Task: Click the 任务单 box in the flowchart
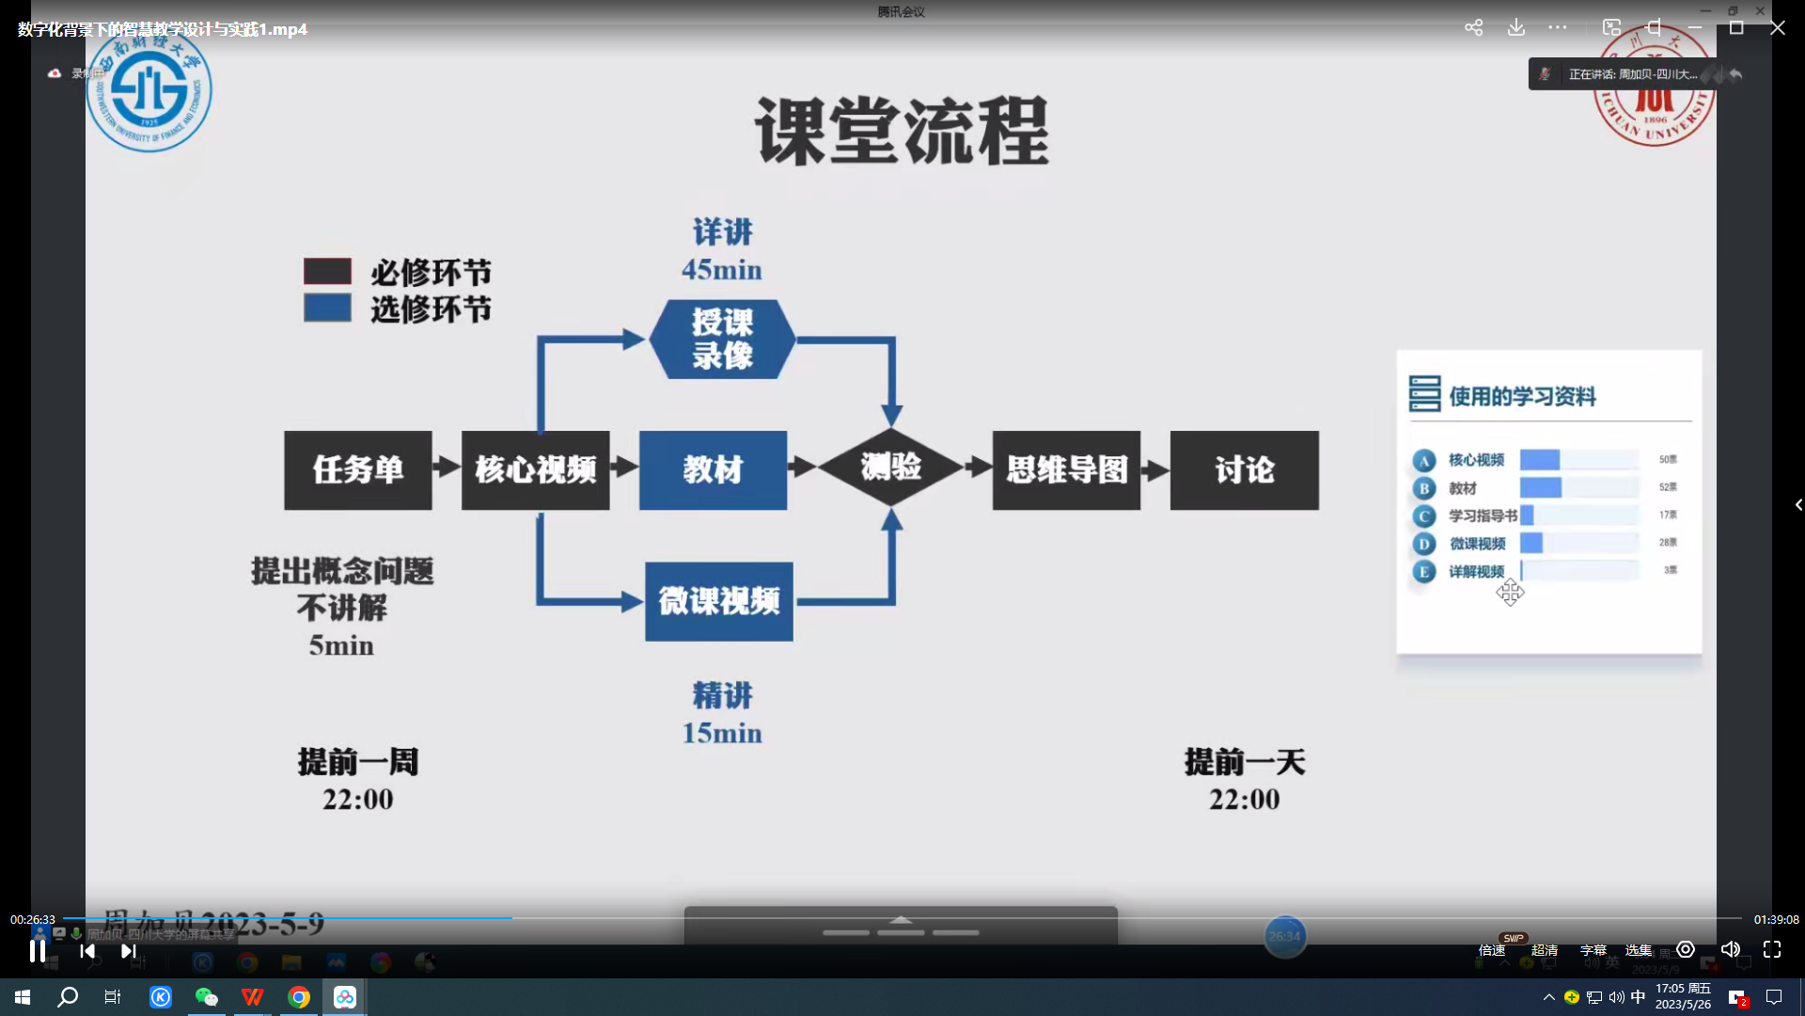358,470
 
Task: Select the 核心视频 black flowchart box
535,470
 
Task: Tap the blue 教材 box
713,470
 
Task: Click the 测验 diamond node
891,467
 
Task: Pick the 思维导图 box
1066,470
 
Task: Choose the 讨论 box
1244,470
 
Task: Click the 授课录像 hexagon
722,340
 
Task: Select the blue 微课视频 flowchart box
719,601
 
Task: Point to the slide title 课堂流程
902,132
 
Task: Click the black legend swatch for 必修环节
327,272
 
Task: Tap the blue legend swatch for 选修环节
327,309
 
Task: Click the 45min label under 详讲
722,270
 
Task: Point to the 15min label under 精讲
722,733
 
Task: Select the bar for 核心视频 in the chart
1540,460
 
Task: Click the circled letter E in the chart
1424,571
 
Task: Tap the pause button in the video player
38,951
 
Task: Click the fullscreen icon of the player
1772,950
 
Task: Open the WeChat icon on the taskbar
206,997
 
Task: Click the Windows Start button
23,997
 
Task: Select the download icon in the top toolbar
1516,28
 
